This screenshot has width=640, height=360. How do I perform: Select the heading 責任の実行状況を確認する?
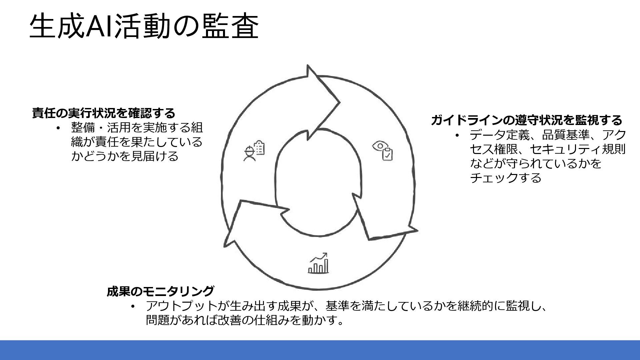(x=103, y=113)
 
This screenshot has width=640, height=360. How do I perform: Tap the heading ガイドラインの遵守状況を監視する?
(x=526, y=120)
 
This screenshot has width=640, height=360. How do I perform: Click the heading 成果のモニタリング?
(x=160, y=291)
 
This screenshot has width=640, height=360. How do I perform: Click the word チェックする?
(x=505, y=178)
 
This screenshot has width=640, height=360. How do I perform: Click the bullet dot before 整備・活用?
(x=58, y=128)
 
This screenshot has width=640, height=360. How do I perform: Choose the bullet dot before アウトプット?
(x=133, y=306)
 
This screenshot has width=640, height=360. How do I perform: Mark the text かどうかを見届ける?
(x=125, y=156)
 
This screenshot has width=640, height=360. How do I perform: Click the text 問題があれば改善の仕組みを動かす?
(x=245, y=320)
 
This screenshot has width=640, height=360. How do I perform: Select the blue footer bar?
(x=320, y=350)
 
